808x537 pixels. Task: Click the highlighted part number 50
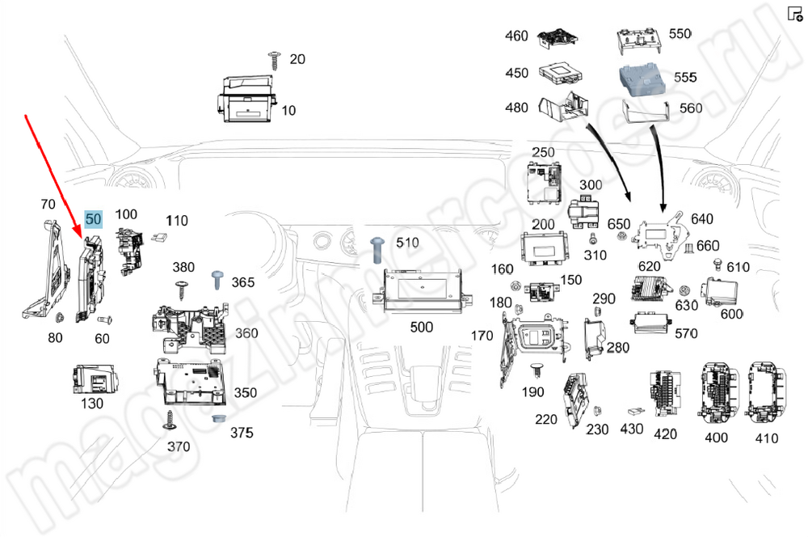pyautogui.click(x=94, y=219)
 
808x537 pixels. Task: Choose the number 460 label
pyautogui.click(x=516, y=36)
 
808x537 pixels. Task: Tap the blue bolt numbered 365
pyautogui.click(x=217, y=280)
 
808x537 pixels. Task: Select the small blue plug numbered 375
pyautogui.click(x=217, y=420)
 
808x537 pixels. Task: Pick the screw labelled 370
pyautogui.click(x=170, y=420)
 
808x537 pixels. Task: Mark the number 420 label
pyautogui.click(x=665, y=434)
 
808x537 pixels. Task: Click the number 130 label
pyautogui.click(x=91, y=403)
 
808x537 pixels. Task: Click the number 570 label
pyautogui.click(x=685, y=333)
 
